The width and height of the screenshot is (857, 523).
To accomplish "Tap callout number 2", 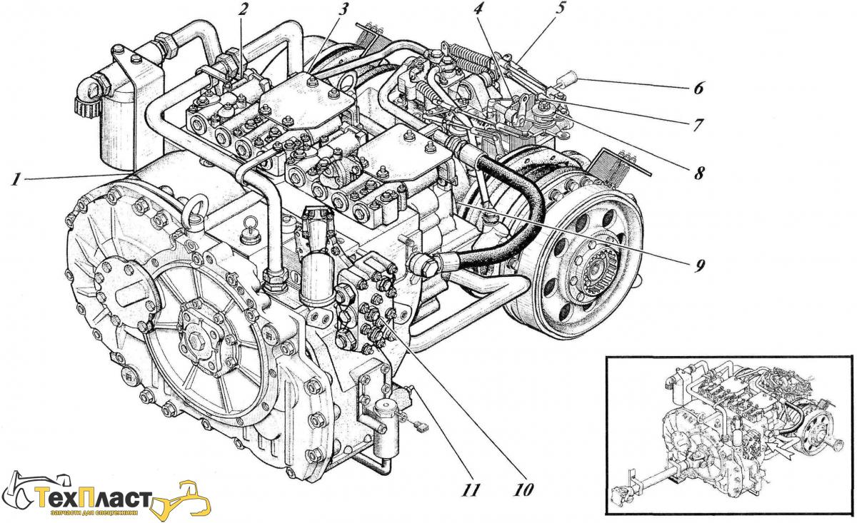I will (244, 9).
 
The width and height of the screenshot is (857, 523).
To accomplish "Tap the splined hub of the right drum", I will (598, 272).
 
